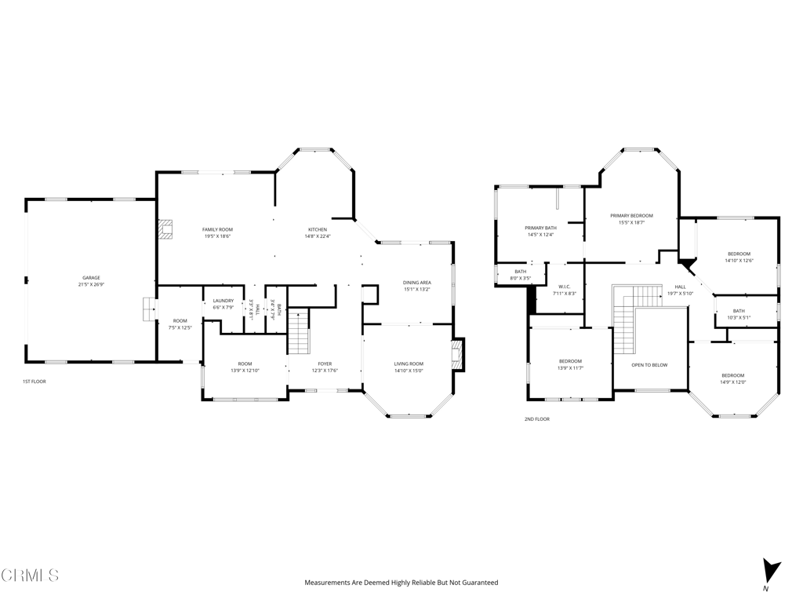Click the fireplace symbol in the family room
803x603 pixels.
(x=165, y=228)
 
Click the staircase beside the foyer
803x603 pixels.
(x=299, y=331)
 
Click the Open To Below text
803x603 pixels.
(x=649, y=365)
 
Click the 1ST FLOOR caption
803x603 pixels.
(x=35, y=382)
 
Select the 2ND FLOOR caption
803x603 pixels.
(x=537, y=419)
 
